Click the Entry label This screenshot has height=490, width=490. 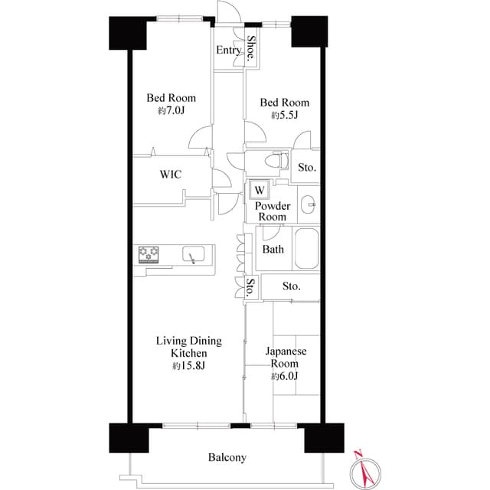click(x=229, y=51)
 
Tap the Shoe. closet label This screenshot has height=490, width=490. click(x=251, y=49)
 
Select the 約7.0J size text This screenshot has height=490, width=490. click(x=171, y=110)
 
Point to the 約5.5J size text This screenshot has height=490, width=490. click(x=283, y=115)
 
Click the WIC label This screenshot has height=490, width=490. click(x=170, y=175)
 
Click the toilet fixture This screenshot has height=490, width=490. click(x=275, y=162)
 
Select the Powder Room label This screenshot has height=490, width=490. click(x=271, y=211)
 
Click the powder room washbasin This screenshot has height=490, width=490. click(x=309, y=204)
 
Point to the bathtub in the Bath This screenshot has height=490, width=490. click(x=305, y=249)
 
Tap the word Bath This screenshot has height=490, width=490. click(x=273, y=250)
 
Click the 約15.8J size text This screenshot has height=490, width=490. click(x=188, y=366)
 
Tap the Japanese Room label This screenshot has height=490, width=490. click(x=286, y=358)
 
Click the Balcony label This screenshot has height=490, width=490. click(x=227, y=458)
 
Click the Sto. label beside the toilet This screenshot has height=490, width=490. click(x=307, y=167)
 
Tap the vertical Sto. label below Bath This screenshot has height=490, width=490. click(x=250, y=287)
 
